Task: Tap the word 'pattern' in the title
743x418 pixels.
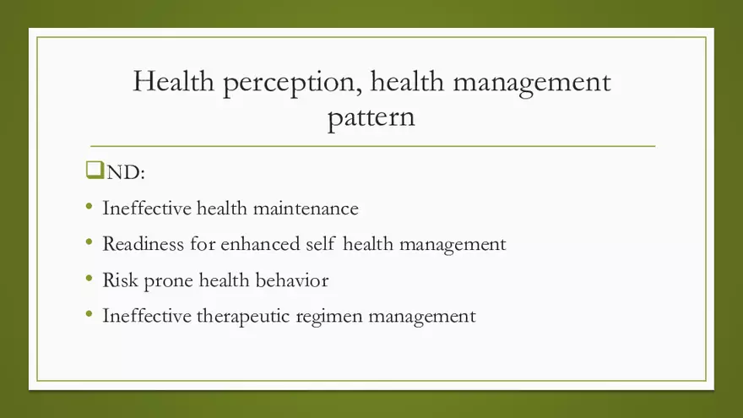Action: click(x=371, y=117)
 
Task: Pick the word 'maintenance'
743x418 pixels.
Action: click(x=307, y=208)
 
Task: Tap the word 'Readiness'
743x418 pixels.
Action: click(x=141, y=244)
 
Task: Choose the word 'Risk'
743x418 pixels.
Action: click(x=118, y=280)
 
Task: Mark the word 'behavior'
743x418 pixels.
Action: click(x=292, y=280)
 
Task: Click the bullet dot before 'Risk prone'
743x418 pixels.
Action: click(x=89, y=279)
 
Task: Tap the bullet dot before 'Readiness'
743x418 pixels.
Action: click(x=89, y=242)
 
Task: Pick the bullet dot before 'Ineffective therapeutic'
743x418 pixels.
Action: click(x=89, y=315)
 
